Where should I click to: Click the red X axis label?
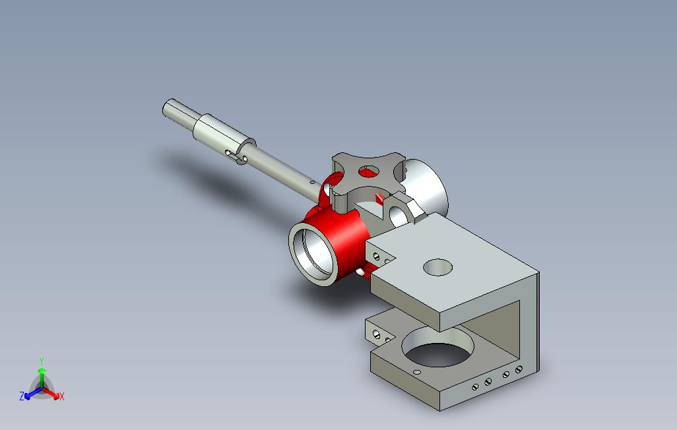[62, 396]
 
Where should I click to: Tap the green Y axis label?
[42, 361]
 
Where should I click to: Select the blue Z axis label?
[22, 396]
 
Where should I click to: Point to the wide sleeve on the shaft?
[224, 135]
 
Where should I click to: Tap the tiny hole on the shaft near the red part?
[312, 183]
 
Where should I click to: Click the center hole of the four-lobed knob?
[369, 172]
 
